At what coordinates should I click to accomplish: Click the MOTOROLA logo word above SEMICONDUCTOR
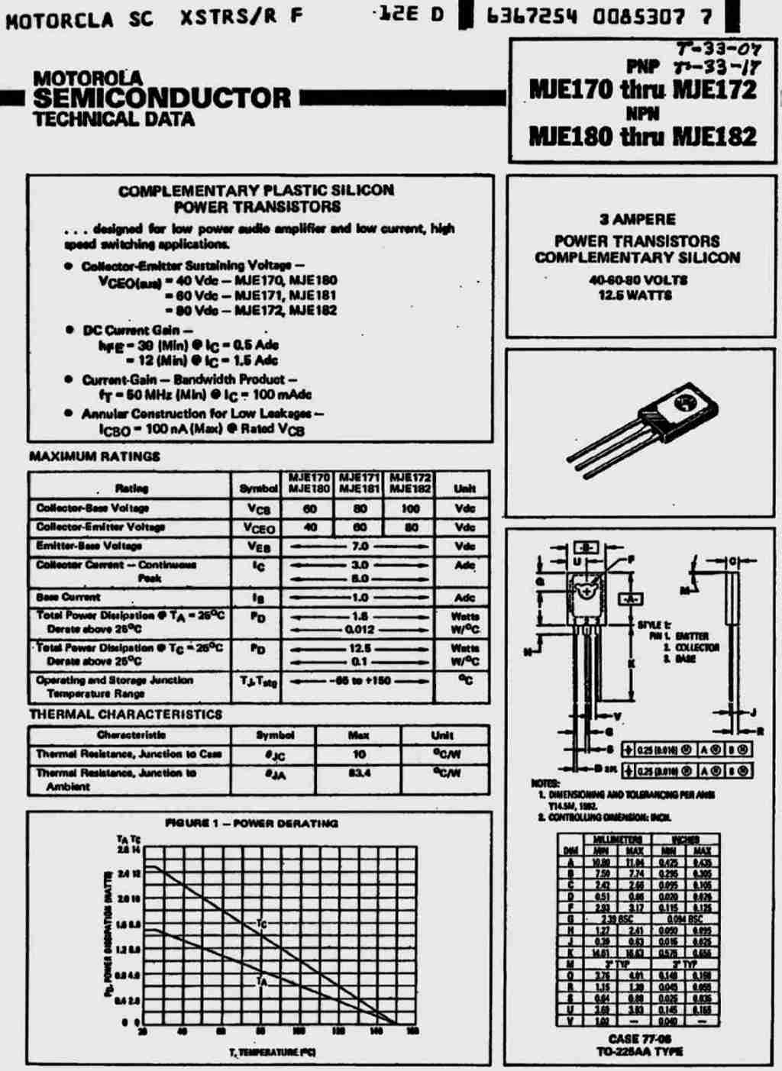(88, 78)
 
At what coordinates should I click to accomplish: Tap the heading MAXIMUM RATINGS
(95, 456)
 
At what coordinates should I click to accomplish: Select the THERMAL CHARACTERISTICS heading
(126, 715)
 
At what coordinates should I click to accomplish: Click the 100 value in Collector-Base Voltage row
(411, 508)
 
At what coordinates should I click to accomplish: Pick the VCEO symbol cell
(259, 528)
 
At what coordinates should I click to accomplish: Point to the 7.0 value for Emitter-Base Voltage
(360, 547)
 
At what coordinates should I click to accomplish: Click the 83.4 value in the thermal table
(359, 773)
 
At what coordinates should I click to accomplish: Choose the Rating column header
(131, 489)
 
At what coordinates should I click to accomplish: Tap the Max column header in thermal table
(359, 735)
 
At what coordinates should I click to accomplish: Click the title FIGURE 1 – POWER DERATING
(251, 824)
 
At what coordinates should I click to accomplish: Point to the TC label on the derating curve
(261, 924)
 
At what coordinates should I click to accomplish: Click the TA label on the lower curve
(261, 981)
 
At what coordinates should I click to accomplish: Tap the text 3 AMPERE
(638, 220)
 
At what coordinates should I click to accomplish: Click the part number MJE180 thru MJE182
(642, 137)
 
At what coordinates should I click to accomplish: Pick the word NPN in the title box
(642, 114)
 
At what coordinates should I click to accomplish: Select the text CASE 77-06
(640, 1038)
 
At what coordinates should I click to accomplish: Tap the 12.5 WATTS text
(635, 295)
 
